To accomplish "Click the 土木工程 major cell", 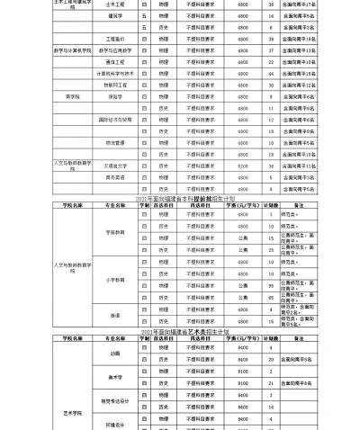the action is pos(114,4).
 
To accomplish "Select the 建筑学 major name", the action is pos(114,16).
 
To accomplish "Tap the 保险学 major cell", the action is pos(114,96).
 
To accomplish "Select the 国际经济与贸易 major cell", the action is pos(114,119).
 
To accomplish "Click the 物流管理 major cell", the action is pos(114,141).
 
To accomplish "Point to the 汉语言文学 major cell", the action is pos(114,166).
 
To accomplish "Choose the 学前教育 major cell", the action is pos(114,231).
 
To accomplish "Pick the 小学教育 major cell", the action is pos(114,280).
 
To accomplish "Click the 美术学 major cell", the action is pos(114,376).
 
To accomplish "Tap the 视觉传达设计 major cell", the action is pos(114,400).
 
